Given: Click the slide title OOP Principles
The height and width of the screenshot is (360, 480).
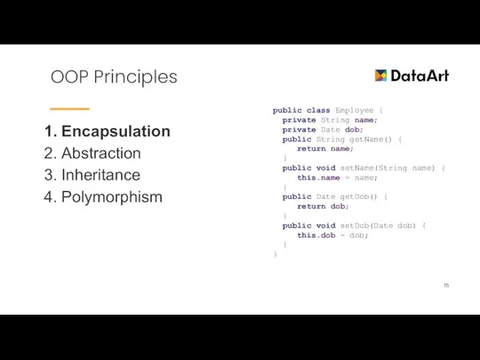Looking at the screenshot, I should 114,77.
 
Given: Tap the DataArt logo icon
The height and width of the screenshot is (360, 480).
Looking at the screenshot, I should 381,76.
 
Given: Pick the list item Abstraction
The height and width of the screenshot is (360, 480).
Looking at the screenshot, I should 100,153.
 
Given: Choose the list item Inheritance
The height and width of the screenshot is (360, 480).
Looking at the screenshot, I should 100,175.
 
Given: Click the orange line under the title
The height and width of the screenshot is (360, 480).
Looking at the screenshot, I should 69,108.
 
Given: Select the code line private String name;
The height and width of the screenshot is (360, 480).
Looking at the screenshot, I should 330,120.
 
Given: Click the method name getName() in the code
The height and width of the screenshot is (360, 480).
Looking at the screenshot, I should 372,140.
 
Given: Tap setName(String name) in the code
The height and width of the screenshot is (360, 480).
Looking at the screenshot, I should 392,167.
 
